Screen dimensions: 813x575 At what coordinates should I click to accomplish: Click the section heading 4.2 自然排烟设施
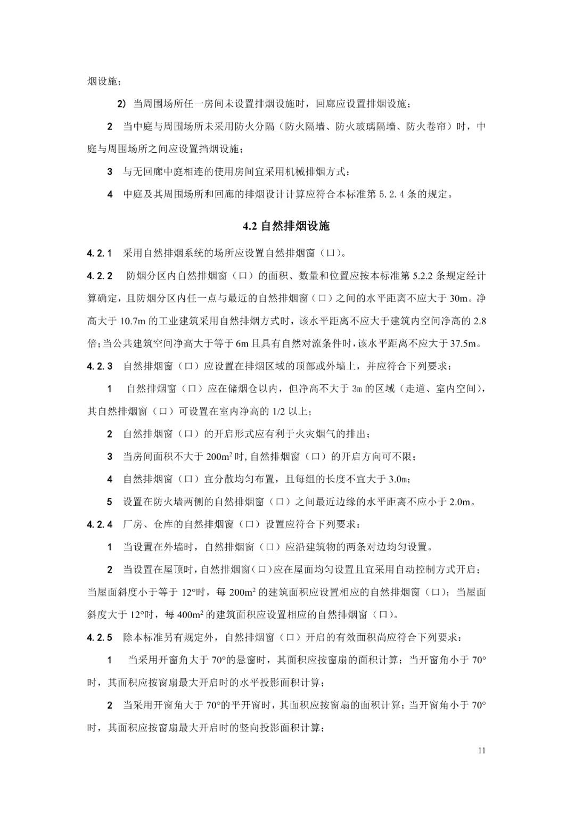tap(286, 226)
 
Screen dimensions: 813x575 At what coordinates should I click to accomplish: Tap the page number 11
tap(482, 751)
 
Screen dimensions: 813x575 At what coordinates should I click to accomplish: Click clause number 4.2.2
tap(100, 276)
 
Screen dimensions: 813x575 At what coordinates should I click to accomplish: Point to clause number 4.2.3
tap(100, 366)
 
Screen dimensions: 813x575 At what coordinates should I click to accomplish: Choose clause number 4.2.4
tap(100, 524)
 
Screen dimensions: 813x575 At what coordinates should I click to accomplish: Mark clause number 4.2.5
tap(100, 637)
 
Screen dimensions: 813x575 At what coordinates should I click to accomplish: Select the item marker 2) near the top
tap(121, 104)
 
